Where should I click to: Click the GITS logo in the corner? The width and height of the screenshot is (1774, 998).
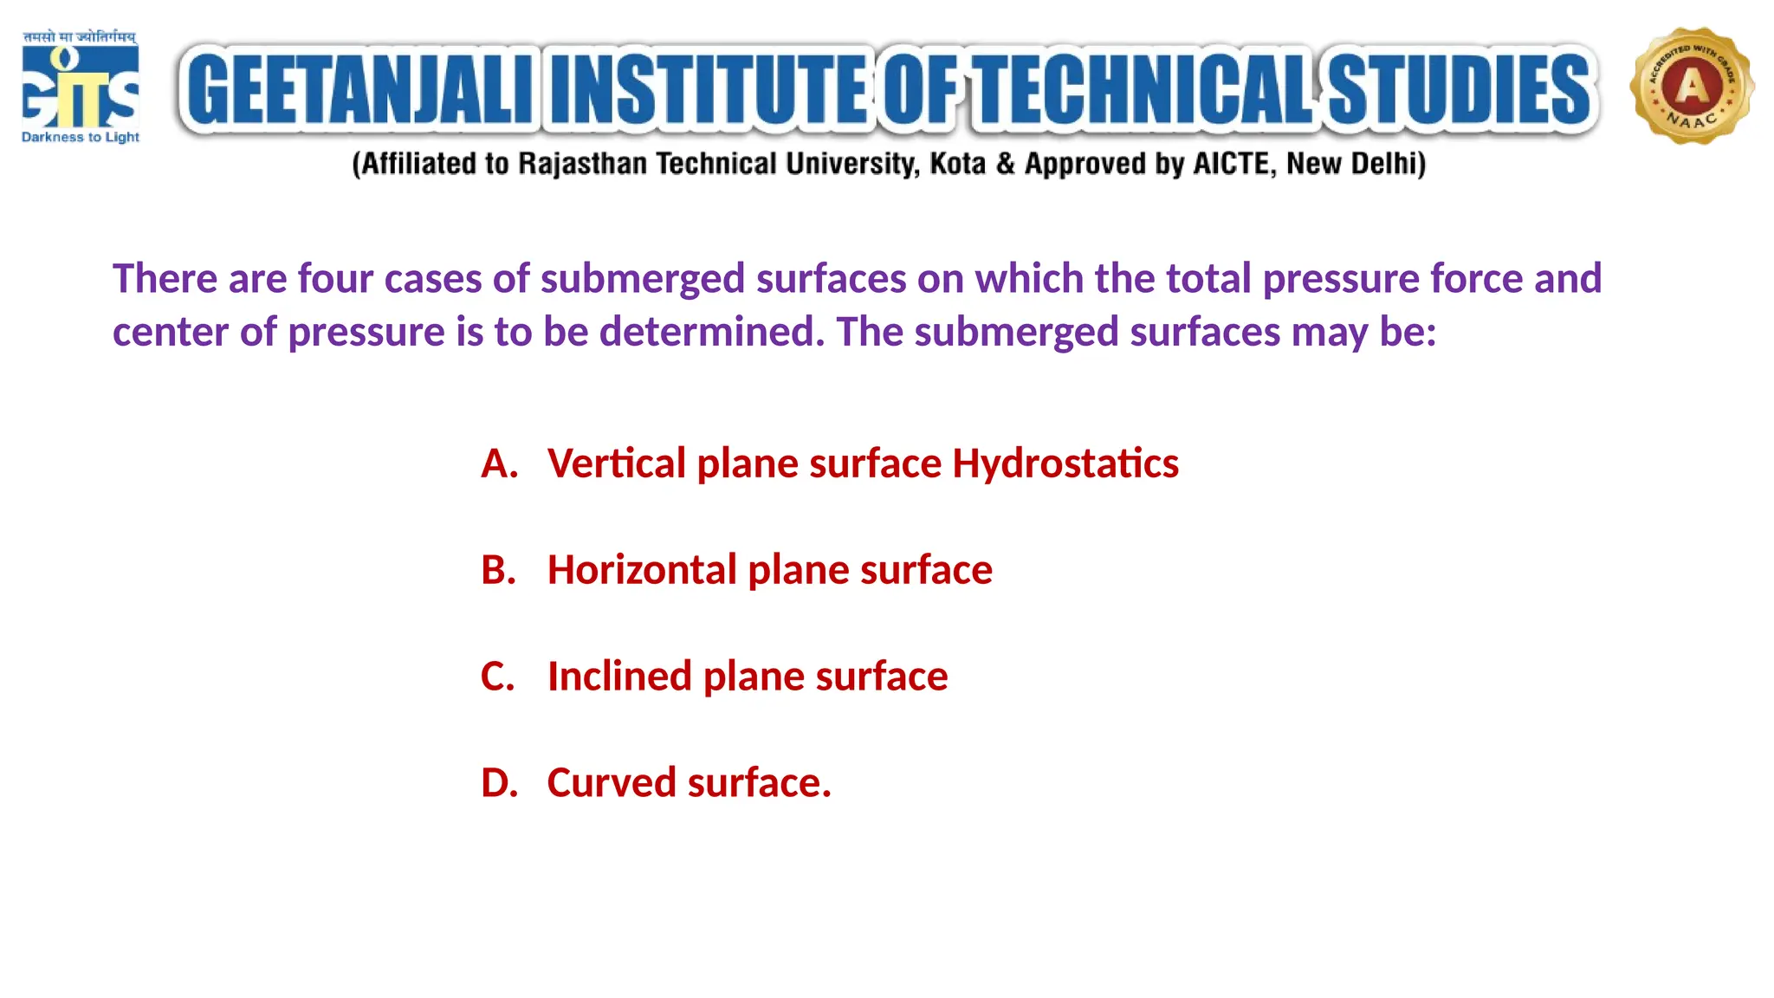point(80,87)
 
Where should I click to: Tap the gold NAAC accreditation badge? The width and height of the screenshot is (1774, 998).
point(1692,86)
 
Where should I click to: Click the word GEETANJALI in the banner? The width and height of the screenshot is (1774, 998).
point(360,89)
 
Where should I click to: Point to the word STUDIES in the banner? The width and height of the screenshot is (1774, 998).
point(1460,89)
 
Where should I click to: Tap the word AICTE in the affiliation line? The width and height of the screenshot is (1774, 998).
point(1233,164)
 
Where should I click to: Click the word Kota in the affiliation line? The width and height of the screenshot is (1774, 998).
point(957,164)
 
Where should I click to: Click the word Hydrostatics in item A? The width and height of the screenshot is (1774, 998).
point(1065,464)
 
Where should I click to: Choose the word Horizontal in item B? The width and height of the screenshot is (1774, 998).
point(642,571)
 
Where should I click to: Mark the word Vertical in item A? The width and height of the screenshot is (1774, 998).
point(617,464)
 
